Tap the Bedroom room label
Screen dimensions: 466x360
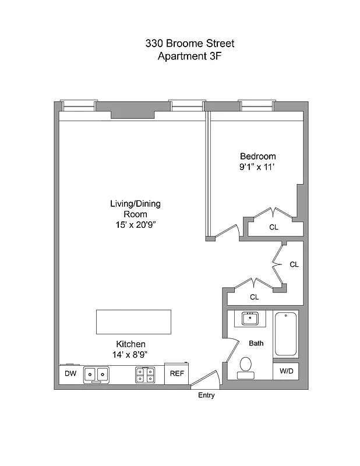(x=257, y=156)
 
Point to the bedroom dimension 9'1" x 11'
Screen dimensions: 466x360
(x=257, y=167)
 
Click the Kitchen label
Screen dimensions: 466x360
(x=130, y=344)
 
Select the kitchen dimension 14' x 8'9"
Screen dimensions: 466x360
(x=130, y=354)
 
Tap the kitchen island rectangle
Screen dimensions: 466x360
(x=133, y=321)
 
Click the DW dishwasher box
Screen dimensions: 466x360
(x=70, y=373)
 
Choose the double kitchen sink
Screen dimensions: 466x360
(x=96, y=375)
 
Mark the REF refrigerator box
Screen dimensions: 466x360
(x=176, y=374)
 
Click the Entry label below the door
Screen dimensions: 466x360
(x=206, y=396)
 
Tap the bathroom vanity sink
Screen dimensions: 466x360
(x=250, y=319)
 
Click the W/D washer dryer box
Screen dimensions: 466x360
(x=286, y=371)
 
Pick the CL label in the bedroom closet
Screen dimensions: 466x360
(x=273, y=227)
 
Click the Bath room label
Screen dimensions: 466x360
(x=256, y=344)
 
